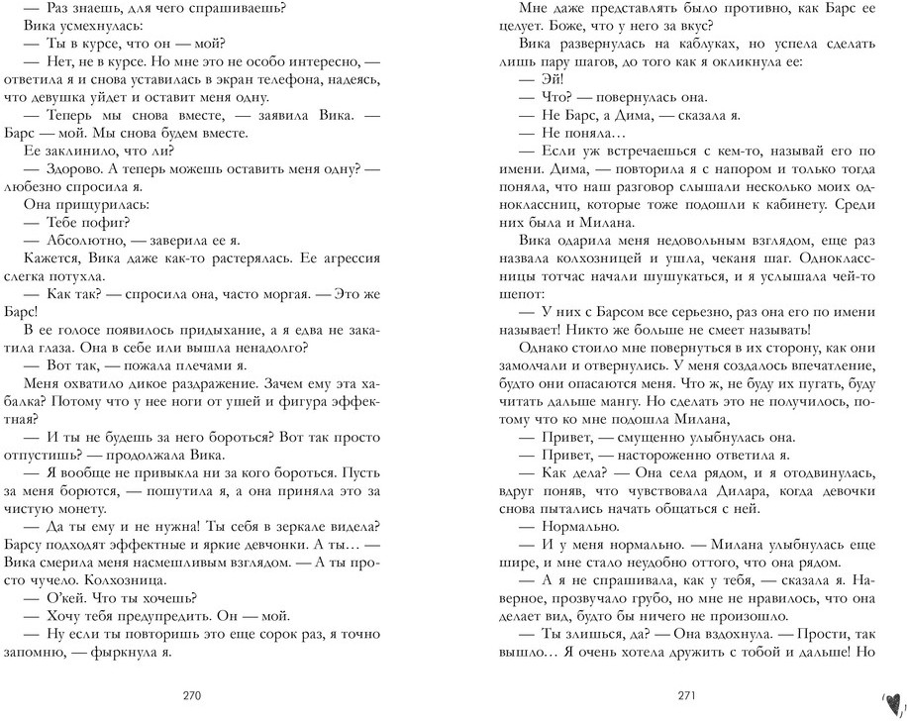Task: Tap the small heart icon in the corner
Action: point(890,698)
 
